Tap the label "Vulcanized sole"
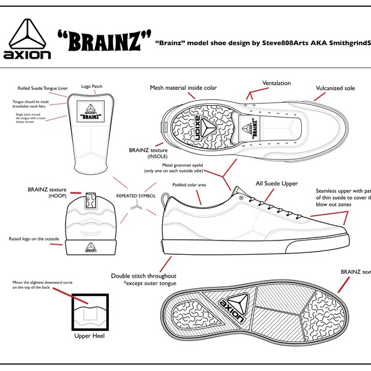pyautogui.click(x=335, y=88)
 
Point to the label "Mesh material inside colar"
pyautogui.click(x=184, y=88)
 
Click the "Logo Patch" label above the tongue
pyautogui.click(x=92, y=87)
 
